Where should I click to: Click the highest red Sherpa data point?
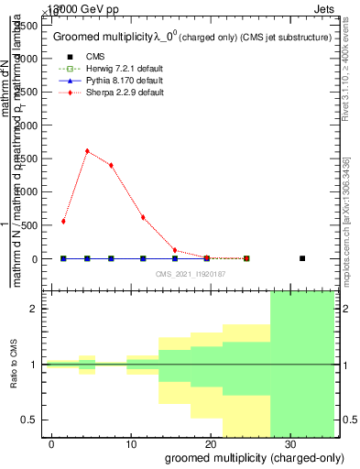(x=87, y=151)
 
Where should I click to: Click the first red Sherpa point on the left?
(x=63, y=222)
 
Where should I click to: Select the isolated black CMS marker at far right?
(x=302, y=258)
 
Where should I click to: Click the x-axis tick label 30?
(x=290, y=442)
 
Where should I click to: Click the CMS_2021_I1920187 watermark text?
(x=191, y=274)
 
